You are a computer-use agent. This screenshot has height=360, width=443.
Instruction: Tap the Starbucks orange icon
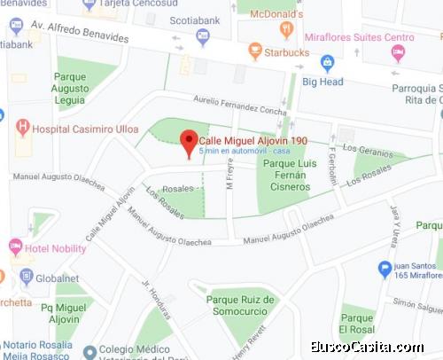[x=255, y=51]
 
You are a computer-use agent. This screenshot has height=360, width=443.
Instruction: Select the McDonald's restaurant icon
[x=286, y=29]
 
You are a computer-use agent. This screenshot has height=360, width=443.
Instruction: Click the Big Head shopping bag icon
[x=327, y=63]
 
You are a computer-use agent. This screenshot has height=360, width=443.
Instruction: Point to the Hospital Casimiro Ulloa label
[x=85, y=129]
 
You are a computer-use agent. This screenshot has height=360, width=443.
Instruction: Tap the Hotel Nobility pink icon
[x=15, y=246]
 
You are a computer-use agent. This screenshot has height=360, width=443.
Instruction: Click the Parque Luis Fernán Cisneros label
[x=291, y=175]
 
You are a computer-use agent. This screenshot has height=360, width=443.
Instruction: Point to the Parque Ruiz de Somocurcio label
[x=242, y=306]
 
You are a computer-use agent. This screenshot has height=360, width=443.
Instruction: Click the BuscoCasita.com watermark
[x=374, y=347]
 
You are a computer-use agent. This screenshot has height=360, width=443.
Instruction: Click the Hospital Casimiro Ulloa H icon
[x=23, y=127]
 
